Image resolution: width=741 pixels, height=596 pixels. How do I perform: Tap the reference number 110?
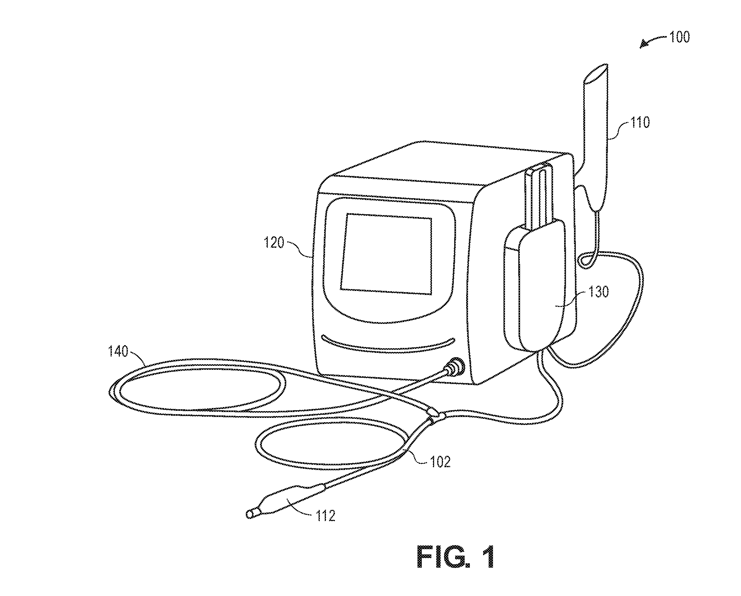click(x=640, y=122)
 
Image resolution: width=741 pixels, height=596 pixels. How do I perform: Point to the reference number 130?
click(x=599, y=292)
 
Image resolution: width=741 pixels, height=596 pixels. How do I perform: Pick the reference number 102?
click(x=440, y=462)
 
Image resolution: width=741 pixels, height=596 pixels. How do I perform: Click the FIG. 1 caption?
click(x=456, y=557)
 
